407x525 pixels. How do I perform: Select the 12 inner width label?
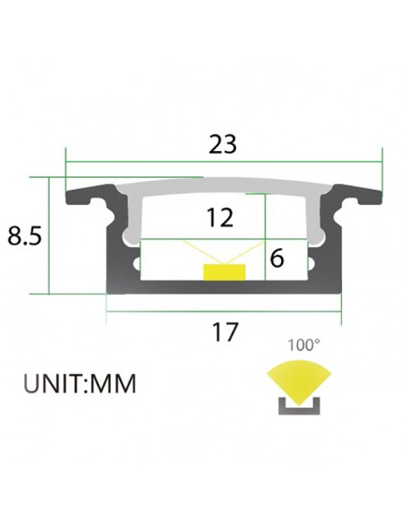(219, 218)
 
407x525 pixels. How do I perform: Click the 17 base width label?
(224, 332)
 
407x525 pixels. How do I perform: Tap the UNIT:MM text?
(79, 385)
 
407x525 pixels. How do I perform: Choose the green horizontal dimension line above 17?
(224, 311)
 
